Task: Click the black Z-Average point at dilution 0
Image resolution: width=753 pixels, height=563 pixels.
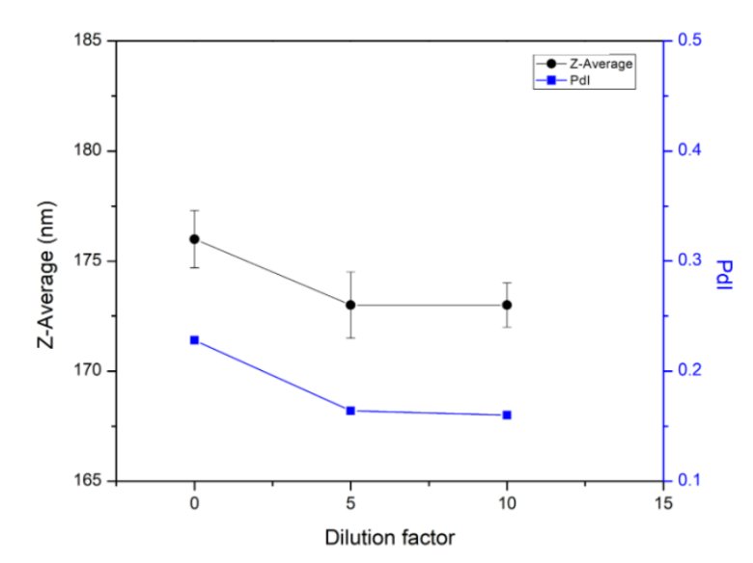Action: coord(194,239)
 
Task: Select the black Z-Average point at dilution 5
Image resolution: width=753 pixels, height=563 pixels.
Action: coord(350,305)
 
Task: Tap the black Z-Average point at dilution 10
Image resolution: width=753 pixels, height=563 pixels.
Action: coord(507,305)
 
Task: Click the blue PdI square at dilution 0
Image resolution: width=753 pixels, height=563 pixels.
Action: coord(194,339)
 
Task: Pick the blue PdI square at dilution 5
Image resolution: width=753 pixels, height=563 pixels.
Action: coord(350,411)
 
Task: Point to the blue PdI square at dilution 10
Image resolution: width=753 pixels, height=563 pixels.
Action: coord(507,415)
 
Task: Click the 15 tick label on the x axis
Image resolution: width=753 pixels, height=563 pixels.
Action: coord(662,503)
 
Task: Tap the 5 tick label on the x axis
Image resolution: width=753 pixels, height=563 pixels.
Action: coord(350,503)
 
